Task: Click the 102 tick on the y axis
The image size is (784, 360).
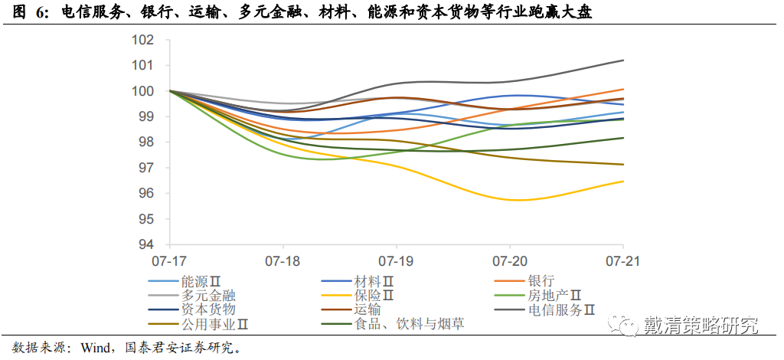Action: point(143,40)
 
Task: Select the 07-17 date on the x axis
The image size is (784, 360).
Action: point(168,260)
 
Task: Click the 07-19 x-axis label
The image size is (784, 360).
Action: point(397,260)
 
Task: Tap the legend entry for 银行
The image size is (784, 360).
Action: point(541,282)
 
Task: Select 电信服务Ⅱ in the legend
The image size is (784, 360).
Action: point(562,310)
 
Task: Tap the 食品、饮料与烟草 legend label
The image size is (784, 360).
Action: point(409,324)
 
